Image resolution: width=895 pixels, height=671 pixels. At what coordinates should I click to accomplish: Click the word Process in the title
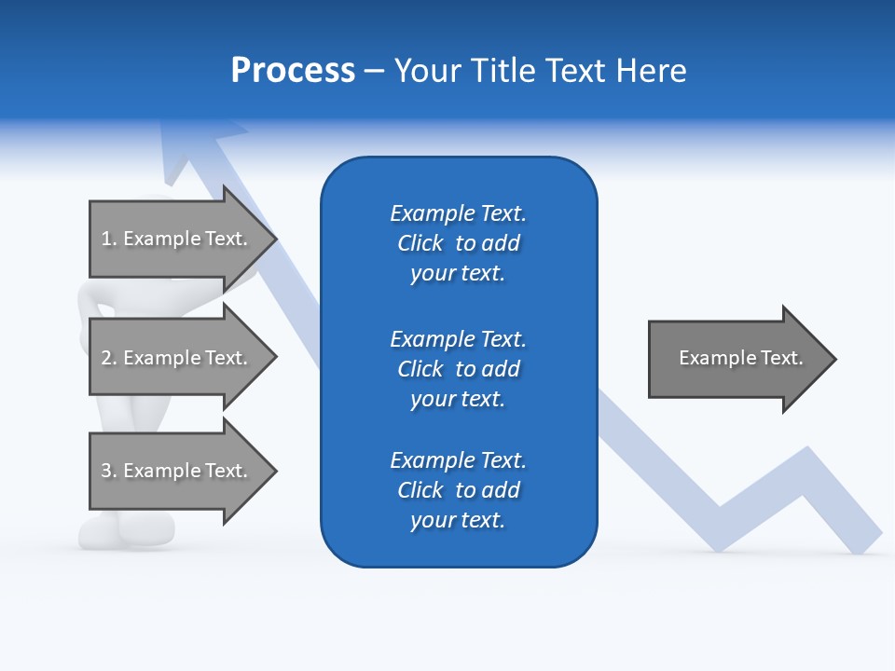click(x=293, y=71)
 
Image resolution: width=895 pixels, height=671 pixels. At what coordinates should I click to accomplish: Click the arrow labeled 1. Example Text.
click(x=177, y=239)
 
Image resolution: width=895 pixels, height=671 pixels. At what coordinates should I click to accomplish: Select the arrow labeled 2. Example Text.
click(x=177, y=358)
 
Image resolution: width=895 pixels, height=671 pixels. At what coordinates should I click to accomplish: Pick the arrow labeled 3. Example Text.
click(x=177, y=471)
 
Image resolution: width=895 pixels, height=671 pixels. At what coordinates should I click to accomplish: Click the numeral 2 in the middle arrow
click(x=106, y=358)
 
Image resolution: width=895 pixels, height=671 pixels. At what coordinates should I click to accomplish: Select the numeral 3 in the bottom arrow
click(x=106, y=471)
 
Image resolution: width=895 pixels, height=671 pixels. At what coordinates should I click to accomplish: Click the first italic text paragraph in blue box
click(x=458, y=243)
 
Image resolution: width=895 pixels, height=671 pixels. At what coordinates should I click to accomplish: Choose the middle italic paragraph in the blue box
click(x=458, y=369)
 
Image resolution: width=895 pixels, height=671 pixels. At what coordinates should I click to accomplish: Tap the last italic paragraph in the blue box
click(x=458, y=490)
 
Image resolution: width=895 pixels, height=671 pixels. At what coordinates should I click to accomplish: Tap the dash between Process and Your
click(x=374, y=71)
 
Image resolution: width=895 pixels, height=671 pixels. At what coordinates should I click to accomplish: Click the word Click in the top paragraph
click(x=420, y=243)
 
